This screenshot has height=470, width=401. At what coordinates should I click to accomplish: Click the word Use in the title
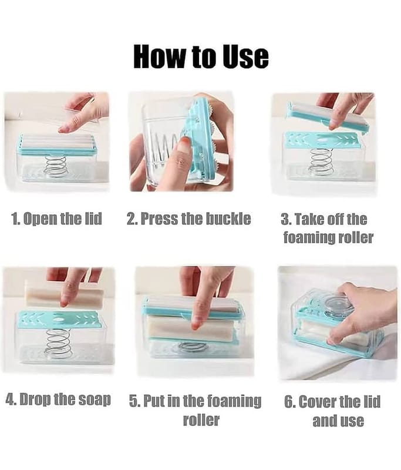click(246, 56)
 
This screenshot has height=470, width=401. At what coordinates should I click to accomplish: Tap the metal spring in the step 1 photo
click(55, 166)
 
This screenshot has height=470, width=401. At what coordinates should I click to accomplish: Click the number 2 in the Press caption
click(131, 219)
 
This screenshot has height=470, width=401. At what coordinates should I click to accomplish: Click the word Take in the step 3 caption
click(309, 219)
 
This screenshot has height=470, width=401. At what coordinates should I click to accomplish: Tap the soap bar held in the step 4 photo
click(65, 293)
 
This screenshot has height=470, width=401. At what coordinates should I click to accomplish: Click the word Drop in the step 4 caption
click(33, 399)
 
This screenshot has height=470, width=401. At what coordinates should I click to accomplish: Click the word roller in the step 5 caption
click(201, 419)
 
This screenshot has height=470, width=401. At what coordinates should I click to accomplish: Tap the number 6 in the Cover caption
click(289, 402)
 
